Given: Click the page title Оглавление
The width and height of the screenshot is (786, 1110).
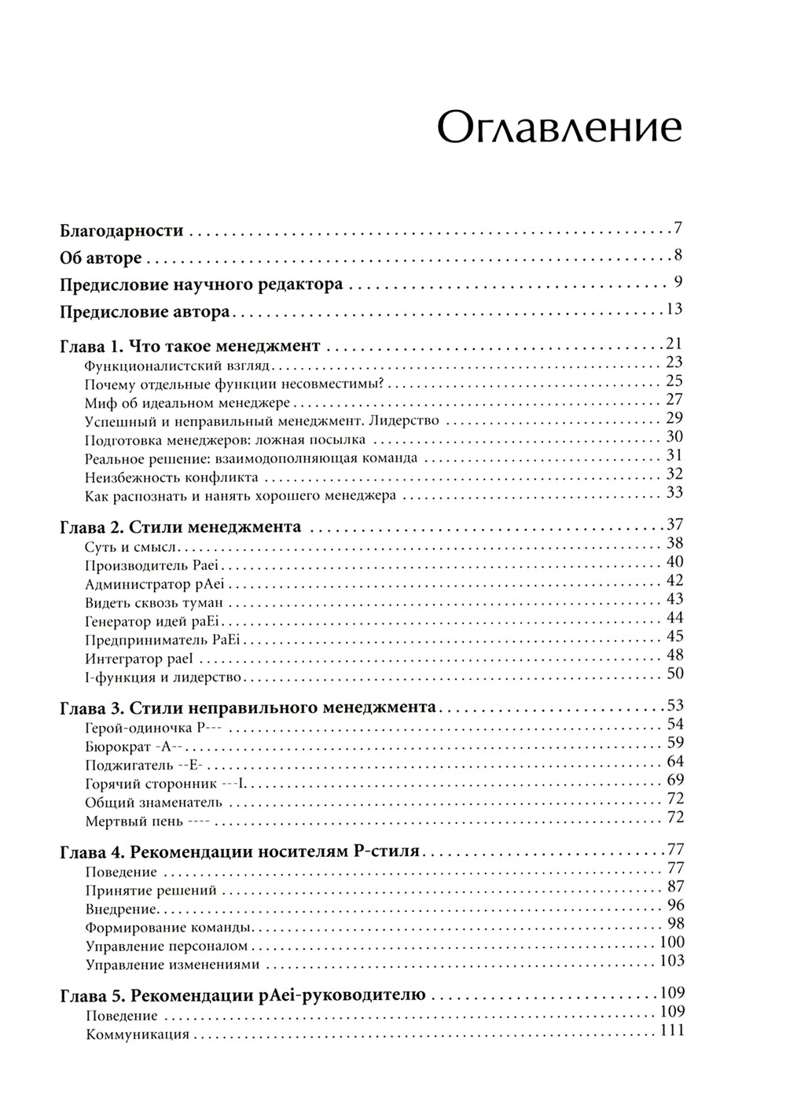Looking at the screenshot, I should coord(559,127).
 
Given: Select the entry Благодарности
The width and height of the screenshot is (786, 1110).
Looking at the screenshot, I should coord(122,231).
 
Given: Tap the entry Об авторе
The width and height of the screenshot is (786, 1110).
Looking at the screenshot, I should coord(101,258).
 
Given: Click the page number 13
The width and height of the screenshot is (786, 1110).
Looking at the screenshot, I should coord(674,309).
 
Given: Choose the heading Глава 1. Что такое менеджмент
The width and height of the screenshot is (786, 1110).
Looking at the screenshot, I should coord(190,345).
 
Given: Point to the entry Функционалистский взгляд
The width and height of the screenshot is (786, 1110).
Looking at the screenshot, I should coord(176,365).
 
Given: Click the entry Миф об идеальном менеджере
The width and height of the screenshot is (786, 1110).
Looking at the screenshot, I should coord(187,402).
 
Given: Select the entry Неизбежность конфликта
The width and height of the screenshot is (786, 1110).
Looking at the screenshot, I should coord(171,477).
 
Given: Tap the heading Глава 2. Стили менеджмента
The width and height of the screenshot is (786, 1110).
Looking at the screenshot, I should coord(181,526).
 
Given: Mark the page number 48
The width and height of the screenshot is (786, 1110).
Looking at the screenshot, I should coord(674,655).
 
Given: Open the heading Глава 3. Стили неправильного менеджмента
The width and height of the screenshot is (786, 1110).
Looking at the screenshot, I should coord(248,707).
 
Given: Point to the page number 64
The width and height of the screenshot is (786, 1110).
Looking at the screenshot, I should coord(674,762).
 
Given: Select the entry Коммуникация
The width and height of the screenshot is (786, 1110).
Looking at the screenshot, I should coord(138,1035).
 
